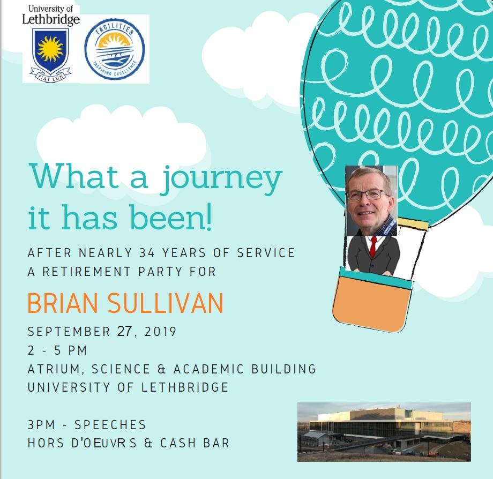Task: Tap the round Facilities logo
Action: [115, 48]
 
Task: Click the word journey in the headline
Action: [222, 178]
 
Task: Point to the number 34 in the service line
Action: [147, 253]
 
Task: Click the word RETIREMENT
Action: [86, 272]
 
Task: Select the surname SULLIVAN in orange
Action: [166, 303]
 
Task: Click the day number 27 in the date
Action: [124, 331]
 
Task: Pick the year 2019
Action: [160, 332]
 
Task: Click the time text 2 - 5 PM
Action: [57, 350]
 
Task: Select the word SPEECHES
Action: [110, 425]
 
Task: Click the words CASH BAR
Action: [195, 443]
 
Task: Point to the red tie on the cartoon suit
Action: [373, 246]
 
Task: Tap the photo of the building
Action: [384, 432]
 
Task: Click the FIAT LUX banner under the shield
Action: [50, 76]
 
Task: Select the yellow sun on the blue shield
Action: [50, 48]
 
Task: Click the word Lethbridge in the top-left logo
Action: [50, 19]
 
